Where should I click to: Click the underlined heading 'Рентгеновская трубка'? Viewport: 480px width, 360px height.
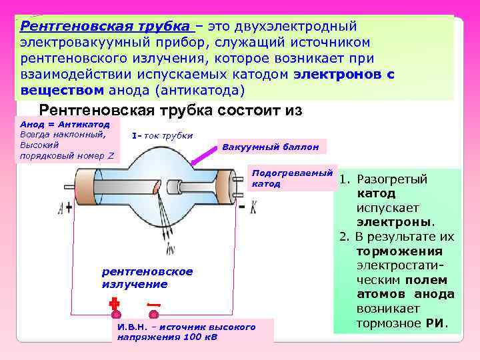tap(105, 27)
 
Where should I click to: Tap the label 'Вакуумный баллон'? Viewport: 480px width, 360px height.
tap(270, 147)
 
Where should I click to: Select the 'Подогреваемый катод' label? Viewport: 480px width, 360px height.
tap(291, 178)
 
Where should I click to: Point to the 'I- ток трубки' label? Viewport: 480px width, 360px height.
tap(162, 135)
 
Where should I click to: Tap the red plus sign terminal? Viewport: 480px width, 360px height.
tap(114, 305)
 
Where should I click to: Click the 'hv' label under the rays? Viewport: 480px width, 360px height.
tap(171, 250)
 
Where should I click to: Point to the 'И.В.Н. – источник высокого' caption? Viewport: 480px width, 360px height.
tap(186, 327)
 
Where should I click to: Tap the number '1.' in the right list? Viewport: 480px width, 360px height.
tap(345, 179)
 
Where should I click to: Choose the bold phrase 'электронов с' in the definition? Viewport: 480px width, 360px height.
tap(343, 74)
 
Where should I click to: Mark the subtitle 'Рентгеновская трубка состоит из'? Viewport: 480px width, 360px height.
tap(171, 110)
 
